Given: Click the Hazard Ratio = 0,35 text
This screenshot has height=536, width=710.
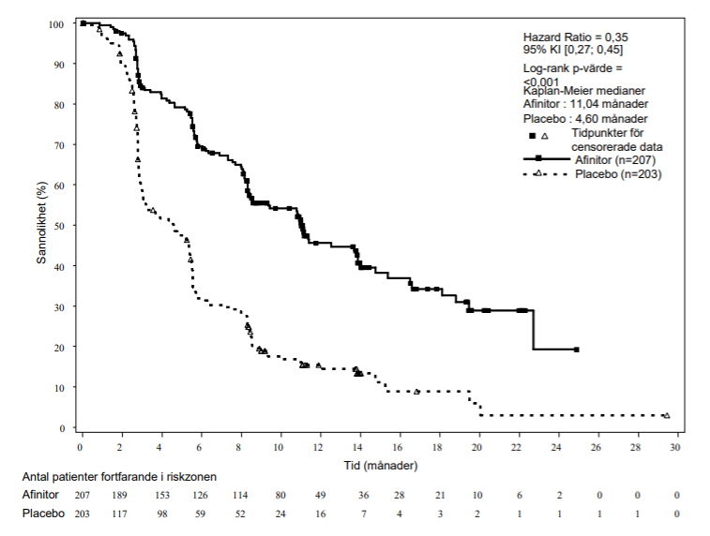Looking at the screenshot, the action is point(576,37).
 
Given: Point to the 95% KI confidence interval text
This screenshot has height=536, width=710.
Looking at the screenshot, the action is point(573,50).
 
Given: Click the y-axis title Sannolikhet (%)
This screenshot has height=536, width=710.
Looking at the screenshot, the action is point(41,222).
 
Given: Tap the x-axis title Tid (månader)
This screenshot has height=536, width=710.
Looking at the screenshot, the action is point(381,466).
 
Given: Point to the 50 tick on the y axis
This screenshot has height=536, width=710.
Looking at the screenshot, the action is point(59,226).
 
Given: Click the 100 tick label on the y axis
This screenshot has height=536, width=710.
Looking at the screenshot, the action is point(56,24).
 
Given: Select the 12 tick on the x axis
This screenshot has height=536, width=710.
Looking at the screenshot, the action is point(318,447).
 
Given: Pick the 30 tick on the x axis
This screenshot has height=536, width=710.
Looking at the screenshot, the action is point(675,447).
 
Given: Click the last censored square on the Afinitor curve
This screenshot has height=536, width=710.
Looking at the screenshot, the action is point(577,350).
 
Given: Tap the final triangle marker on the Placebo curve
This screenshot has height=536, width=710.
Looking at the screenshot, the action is point(667,415).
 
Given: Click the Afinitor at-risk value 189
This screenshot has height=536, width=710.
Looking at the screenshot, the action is point(119,496).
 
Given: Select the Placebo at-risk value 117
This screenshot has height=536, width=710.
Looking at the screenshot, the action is point(119,514).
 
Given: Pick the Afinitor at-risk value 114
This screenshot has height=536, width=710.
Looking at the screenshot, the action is point(240,496).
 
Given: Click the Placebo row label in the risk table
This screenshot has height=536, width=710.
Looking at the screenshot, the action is point(43,514).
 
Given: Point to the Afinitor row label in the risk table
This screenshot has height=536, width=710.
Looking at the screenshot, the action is point(40,495).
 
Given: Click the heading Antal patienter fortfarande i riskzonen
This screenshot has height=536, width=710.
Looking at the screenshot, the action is point(119,477).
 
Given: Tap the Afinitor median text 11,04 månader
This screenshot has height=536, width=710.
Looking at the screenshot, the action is point(609,104).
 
